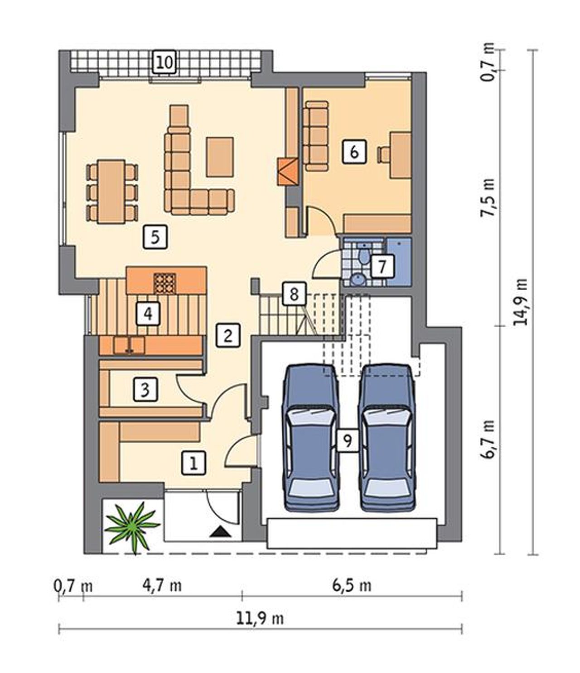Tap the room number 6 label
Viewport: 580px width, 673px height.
point(354,152)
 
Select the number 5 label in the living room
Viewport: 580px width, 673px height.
point(155,237)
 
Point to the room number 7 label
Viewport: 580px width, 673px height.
point(382,266)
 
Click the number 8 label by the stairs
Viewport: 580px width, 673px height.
point(295,294)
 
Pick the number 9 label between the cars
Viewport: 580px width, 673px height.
point(348,441)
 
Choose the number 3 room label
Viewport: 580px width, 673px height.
point(145,389)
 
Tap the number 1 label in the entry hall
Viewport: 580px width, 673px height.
point(193,463)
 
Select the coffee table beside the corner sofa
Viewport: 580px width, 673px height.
point(220,157)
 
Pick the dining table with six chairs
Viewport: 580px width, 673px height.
point(112,191)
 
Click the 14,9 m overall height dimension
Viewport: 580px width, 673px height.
point(520,301)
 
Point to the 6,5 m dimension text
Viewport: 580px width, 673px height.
point(352,586)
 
